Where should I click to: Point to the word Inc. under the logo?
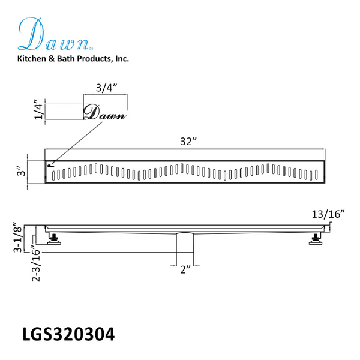click(122, 59)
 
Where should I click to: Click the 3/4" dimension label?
click(106, 88)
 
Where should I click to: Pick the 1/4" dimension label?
click(38, 110)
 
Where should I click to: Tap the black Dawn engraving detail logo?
click(105, 113)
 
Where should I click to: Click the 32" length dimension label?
click(188, 142)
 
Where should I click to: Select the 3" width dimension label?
click(22, 171)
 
